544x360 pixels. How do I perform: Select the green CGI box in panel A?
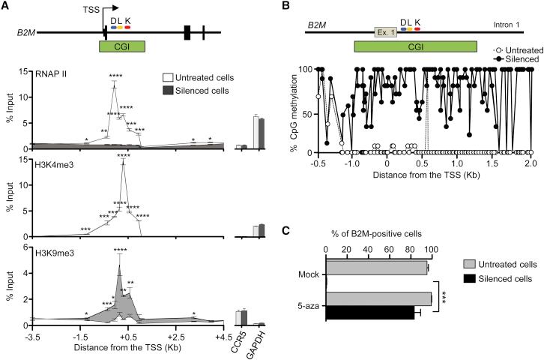(x=121, y=46)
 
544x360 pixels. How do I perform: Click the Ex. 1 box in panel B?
(x=385, y=32)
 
